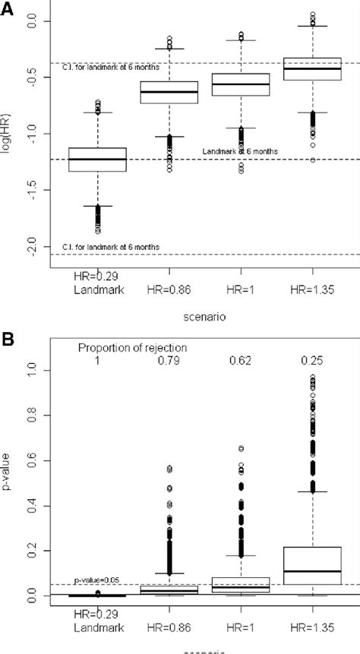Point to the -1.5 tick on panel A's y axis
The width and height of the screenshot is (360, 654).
point(35,190)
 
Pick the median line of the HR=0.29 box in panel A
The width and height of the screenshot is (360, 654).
point(97,160)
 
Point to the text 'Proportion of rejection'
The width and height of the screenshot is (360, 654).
point(132,348)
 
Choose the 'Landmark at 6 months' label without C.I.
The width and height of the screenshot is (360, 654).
point(239,152)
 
